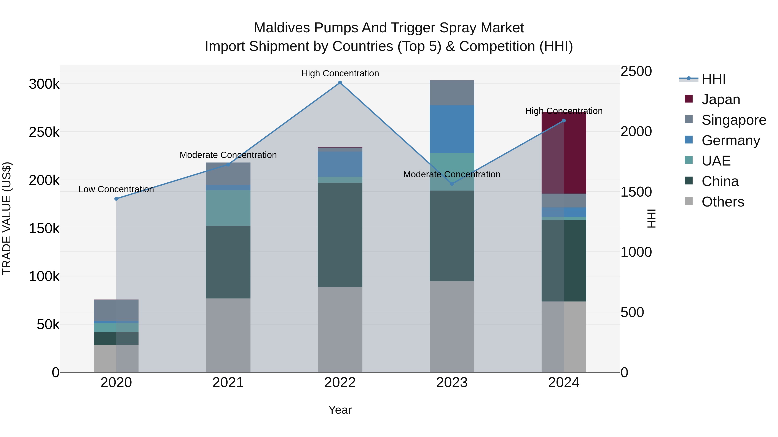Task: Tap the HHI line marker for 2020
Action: click(116, 199)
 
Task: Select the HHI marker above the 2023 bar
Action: click(452, 184)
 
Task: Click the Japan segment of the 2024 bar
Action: click(564, 153)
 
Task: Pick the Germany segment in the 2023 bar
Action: click(452, 129)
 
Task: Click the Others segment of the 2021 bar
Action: click(228, 335)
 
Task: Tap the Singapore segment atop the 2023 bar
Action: click(452, 93)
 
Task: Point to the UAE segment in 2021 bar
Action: click(228, 208)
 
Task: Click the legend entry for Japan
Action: click(720, 99)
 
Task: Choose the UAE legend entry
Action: click(716, 161)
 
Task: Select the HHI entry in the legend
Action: click(713, 79)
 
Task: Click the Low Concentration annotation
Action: click(116, 189)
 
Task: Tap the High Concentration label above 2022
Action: click(340, 73)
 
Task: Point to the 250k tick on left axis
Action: click(44, 132)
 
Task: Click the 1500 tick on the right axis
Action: click(636, 192)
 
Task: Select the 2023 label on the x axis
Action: click(452, 383)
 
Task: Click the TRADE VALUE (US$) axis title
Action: click(7, 218)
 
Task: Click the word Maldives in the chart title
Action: click(282, 28)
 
